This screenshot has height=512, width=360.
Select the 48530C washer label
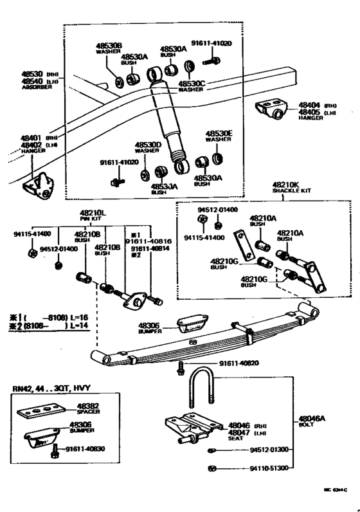[x=192, y=82]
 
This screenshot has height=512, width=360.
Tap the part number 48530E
[x=219, y=133]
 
